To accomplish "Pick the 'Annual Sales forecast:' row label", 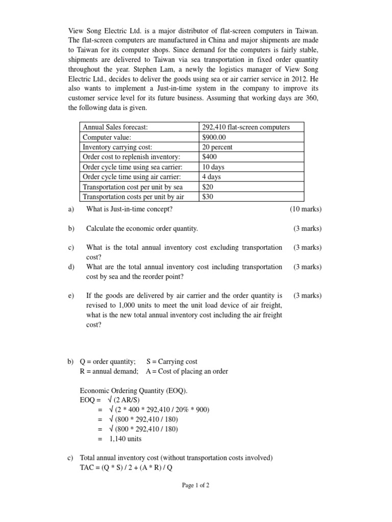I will pyautogui.click(x=115, y=127).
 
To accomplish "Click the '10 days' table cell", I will pyautogui.click(x=213, y=167).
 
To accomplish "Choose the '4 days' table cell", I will pyautogui.click(x=212, y=177).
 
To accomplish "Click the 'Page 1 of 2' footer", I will pyautogui.click(x=195, y=485).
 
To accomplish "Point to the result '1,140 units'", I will pyautogui.click(x=125, y=438).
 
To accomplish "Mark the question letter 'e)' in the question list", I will pyautogui.click(x=70, y=296).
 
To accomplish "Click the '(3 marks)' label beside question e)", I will pyautogui.click(x=307, y=296).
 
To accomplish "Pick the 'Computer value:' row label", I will pyautogui.click(x=107, y=137).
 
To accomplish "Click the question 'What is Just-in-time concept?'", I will pyautogui.click(x=130, y=209).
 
